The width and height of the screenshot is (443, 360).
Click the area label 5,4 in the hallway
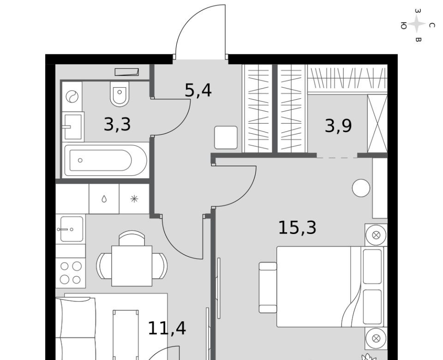(198, 91)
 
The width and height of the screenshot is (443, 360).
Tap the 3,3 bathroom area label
(117, 124)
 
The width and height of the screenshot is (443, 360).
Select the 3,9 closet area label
(338, 126)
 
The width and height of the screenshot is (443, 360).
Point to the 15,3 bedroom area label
(297, 228)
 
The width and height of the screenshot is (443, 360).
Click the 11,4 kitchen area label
(167, 328)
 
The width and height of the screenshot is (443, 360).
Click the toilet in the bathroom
(120, 94)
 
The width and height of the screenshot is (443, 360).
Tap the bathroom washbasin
(73, 126)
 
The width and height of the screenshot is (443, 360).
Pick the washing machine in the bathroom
(72, 96)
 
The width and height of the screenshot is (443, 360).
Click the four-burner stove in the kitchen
(71, 273)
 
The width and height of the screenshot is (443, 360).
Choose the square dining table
(132, 266)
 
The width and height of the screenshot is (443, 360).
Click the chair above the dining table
(132, 238)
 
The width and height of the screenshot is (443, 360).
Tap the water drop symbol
(104, 199)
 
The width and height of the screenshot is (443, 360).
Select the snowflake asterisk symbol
(134, 199)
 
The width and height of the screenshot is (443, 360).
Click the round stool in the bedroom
(361, 188)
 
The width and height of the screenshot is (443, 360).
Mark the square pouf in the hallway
(226, 138)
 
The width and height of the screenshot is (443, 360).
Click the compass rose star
(417, 24)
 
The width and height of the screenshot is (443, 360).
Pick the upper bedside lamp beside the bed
(376, 235)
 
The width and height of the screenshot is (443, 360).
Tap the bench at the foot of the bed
(268, 288)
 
